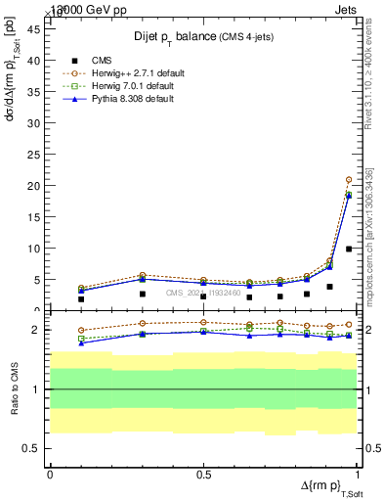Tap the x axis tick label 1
(356, 474)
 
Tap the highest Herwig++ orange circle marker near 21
(349, 180)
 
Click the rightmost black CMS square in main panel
(349, 249)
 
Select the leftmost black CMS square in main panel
(81, 299)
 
